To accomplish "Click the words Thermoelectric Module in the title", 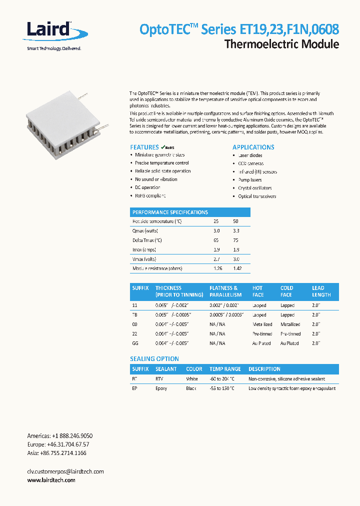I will point(281,44).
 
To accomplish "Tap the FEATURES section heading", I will point(144,147).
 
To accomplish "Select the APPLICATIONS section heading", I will point(253,147).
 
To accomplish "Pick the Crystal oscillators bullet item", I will point(254,188).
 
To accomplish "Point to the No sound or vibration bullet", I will point(156,179).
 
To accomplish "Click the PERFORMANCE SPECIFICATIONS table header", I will point(170,212).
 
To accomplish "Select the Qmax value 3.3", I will point(236,231).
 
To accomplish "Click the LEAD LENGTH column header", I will point(321,291).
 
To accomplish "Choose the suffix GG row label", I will point(135,343).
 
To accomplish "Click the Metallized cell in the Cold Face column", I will point(290,324).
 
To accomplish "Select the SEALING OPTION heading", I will point(154,359).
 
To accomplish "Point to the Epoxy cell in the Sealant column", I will point(161,388).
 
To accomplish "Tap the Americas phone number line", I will point(59,435).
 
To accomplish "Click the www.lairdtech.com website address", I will point(51,480).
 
